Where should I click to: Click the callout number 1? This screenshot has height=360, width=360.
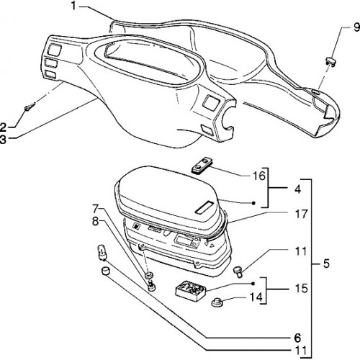(73, 6)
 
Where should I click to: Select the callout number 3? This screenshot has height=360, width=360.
(3, 140)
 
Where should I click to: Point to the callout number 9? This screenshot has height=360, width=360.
(356, 27)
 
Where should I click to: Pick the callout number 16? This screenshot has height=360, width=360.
(259, 176)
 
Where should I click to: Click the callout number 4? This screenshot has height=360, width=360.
(297, 189)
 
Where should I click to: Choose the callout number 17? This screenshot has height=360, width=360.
(301, 214)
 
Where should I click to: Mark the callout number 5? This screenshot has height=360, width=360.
(326, 264)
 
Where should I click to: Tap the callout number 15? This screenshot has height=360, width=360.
(301, 289)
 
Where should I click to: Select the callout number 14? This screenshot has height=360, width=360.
(256, 297)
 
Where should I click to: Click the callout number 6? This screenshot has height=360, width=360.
(297, 338)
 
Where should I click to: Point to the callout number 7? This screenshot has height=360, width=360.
(96, 209)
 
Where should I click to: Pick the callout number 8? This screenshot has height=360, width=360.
(95, 222)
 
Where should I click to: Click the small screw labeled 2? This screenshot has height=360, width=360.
(30, 107)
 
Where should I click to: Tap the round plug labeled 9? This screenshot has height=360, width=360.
(330, 61)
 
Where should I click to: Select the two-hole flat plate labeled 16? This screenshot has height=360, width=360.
(202, 165)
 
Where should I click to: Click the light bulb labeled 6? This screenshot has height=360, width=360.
(102, 253)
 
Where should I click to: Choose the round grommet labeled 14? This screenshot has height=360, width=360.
(217, 302)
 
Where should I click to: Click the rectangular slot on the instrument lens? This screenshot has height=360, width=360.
(204, 207)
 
